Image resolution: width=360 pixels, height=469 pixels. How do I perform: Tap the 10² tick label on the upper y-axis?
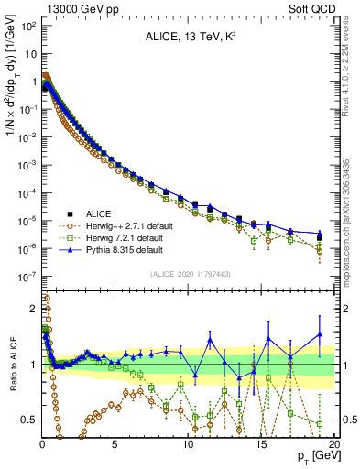pyautogui.click(x=27, y=26)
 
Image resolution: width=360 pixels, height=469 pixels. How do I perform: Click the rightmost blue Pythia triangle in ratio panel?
pyautogui.click(x=320, y=333)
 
